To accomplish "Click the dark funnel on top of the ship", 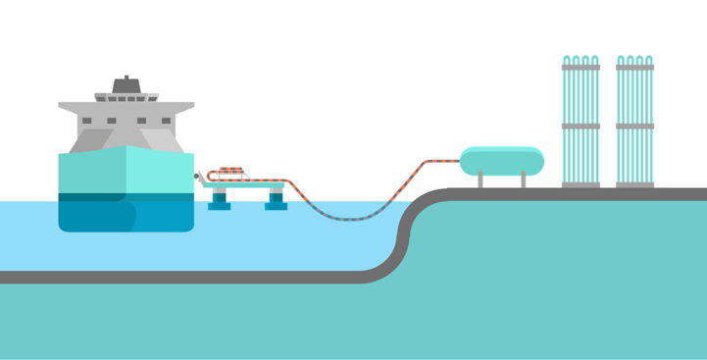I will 126,84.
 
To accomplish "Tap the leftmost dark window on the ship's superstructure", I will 86,121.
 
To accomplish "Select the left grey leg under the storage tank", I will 481,180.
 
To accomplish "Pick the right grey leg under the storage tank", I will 523,180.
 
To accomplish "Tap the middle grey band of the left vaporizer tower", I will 581,126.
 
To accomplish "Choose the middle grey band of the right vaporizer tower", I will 635,126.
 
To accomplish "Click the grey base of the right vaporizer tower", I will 635,183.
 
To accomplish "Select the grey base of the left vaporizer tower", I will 581,183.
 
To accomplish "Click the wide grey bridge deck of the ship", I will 126,105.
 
